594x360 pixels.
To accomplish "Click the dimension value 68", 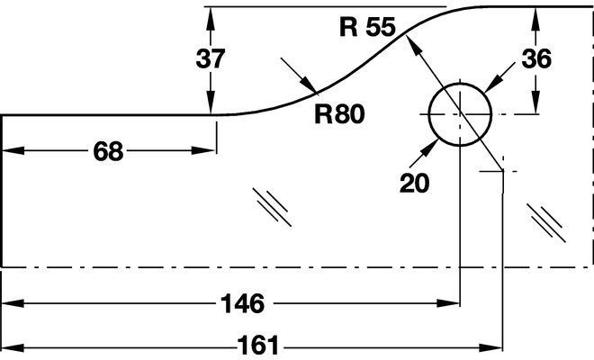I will pos(108,151).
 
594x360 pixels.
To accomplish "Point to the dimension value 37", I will pos(210,59).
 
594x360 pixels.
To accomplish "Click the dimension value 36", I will pos(535,59).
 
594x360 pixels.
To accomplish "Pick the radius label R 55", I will pos(367,27).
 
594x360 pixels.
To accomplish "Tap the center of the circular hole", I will pos(460,115).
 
